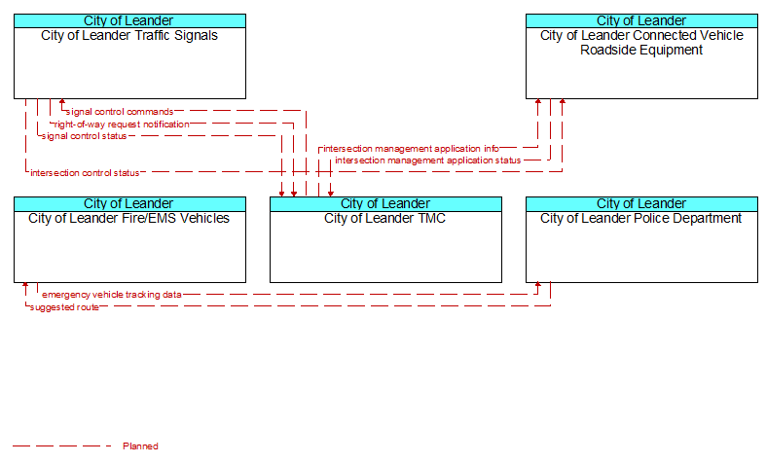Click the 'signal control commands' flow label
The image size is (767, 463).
point(120,112)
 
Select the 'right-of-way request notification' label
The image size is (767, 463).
point(122,125)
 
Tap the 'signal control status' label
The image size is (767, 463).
point(84,136)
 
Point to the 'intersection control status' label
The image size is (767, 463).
point(85,172)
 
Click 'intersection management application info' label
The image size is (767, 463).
point(411,149)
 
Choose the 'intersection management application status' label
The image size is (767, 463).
point(428,160)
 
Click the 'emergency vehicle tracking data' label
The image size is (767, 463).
point(112,295)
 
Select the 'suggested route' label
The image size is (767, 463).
point(64,307)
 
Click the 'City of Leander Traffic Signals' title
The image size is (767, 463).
point(129,36)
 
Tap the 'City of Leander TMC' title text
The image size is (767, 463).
point(385,219)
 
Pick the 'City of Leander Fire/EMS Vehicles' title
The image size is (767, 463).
point(129,219)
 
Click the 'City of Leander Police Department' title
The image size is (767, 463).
point(640,219)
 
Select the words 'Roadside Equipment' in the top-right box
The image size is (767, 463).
point(641,51)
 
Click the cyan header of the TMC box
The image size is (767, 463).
point(386,204)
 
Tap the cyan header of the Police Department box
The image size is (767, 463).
point(641,204)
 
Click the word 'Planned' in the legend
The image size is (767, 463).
point(140,446)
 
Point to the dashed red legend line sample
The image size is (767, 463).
point(62,445)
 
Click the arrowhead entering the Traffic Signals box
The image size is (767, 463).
point(62,102)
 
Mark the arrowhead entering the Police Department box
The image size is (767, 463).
point(538,286)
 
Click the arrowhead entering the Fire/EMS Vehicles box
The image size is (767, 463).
point(25,286)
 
